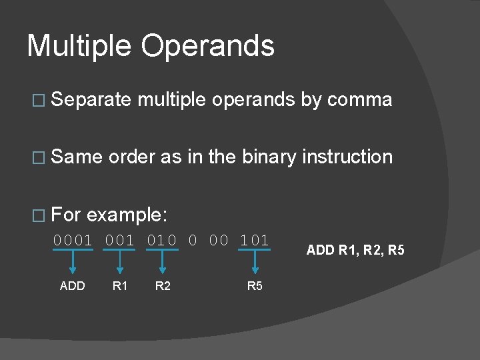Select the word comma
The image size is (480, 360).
click(x=359, y=101)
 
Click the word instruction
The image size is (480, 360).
click(x=347, y=157)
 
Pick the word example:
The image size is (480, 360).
click(x=127, y=215)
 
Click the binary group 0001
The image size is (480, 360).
click(x=73, y=241)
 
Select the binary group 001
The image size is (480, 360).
click(x=119, y=241)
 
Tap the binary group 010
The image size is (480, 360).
click(x=162, y=241)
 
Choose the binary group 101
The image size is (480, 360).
click(x=255, y=241)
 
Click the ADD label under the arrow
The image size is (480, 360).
click(x=72, y=287)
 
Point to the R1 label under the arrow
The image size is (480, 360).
click(x=119, y=287)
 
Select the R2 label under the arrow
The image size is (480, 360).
click(x=162, y=287)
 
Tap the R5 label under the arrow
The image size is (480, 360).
click(x=255, y=287)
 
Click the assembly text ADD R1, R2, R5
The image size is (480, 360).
click(x=355, y=251)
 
